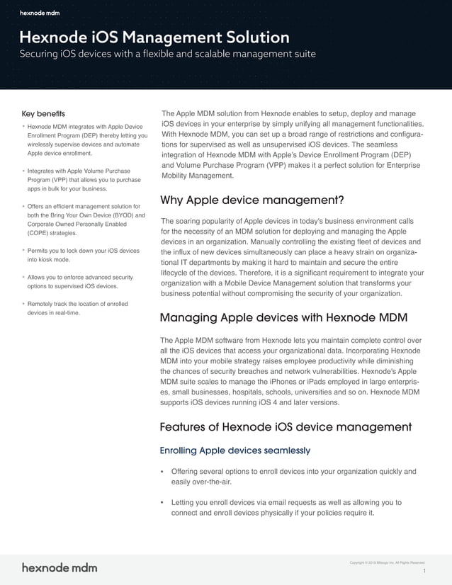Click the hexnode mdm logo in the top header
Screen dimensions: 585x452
[40, 13]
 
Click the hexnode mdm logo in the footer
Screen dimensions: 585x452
[60, 567]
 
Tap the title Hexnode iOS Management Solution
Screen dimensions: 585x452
[154, 38]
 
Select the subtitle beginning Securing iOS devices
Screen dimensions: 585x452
[167, 54]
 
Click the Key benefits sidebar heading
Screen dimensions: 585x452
[43, 114]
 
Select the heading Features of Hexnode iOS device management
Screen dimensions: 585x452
[286, 426]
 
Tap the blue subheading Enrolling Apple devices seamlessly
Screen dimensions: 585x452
[235, 450]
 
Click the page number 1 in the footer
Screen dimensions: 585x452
[423, 571]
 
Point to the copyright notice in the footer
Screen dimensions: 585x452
[387, 562]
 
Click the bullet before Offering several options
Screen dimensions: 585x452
[164, 472]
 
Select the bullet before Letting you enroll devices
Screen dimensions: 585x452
[164, 503]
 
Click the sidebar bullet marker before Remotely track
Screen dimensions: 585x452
[23, 303]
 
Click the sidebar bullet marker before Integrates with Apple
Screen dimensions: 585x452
[23, 171]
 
